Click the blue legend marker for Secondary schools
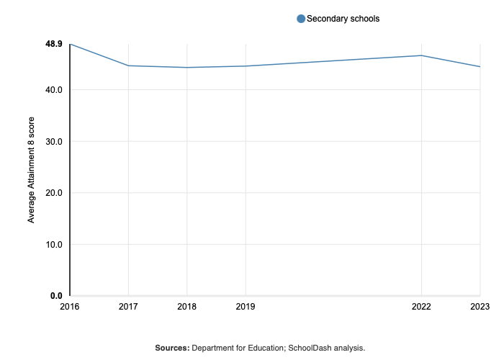(301, 19)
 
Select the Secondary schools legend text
(343, 19)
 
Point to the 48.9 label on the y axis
(54, 44)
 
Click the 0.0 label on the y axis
(56, 296)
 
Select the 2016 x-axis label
(70, 307)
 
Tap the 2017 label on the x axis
(128, 307)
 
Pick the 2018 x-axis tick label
(187, 307)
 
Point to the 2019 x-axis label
(246, 307)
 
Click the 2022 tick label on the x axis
(421, 307)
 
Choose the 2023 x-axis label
(480, 307)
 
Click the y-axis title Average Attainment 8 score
(32, 171)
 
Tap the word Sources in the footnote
(171, 348)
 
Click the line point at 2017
(128, 66)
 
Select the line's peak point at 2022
(421, 55)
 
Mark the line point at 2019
(246, 66)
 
